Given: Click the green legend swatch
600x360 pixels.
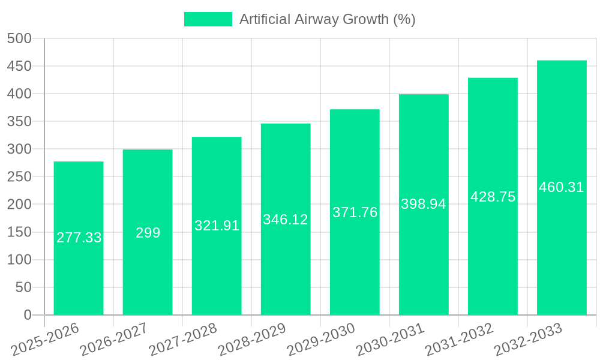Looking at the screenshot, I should (208, 19).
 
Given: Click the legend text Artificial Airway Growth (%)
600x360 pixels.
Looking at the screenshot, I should (327, 19).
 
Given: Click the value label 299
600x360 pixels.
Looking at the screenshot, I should (148, 233).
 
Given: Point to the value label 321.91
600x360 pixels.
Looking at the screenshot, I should (217, 226).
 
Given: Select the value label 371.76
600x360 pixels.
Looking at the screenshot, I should (355, 212).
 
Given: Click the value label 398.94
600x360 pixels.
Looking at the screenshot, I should (424, 204).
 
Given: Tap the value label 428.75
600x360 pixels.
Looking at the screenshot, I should (493, 196).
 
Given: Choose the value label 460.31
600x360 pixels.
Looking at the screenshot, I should (562, 187).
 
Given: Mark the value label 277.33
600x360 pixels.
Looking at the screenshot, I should (79, 238).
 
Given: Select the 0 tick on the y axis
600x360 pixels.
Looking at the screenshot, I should (27, 315).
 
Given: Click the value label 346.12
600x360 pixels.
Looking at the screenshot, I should (286, 220).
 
